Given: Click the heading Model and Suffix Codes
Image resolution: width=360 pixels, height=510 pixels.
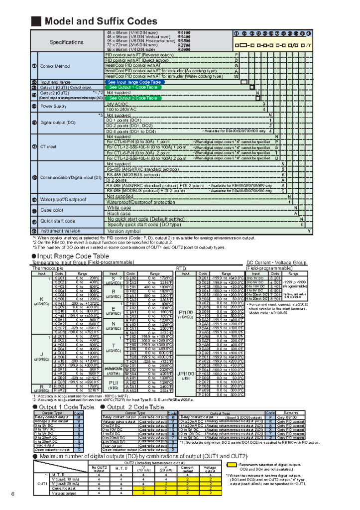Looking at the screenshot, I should (x=101, y=21).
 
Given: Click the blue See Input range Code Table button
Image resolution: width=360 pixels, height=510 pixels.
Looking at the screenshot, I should (x=134, y=82).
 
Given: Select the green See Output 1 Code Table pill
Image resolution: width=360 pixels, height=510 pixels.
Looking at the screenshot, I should (x=133, y=87).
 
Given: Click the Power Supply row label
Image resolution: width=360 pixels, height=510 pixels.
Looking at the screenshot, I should (x=53, y=106).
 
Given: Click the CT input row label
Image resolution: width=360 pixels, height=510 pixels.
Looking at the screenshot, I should (x=48, y=147).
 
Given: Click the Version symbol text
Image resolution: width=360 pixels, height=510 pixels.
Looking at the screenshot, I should (x=124, y=231).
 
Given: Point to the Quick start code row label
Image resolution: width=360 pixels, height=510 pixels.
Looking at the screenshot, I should (x=58, y=221).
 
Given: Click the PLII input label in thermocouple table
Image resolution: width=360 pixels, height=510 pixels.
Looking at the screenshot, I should (x=113, y=382).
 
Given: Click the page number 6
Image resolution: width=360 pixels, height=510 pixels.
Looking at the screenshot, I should (x=13, y=494).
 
